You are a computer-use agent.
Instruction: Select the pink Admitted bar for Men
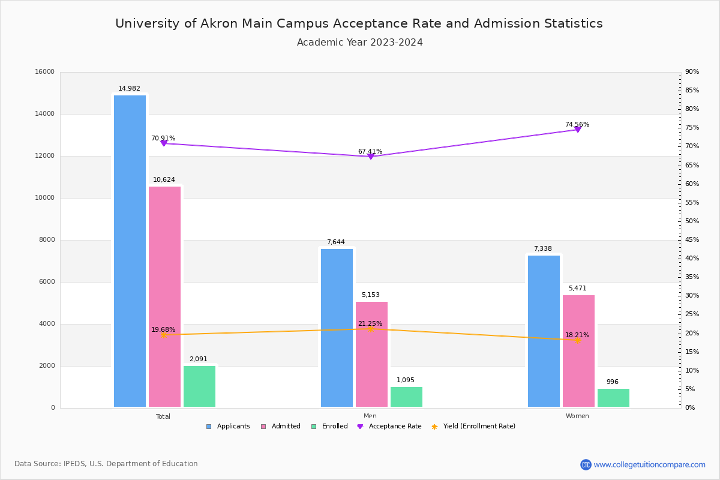[371, 354]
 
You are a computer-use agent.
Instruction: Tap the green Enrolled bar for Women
[613, 398]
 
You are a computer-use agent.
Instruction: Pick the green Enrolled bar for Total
[199, 386]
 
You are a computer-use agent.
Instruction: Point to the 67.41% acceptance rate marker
[371, 157]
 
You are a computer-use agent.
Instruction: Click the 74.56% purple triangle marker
[578, 130]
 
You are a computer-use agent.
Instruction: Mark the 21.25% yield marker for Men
[371, 329]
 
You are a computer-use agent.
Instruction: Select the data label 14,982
[129, 89]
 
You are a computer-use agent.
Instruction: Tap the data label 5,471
[578, 289]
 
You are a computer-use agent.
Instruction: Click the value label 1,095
[406, 380]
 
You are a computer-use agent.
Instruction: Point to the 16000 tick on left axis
[45, 72]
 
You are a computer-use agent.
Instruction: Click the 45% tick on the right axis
[692, 240]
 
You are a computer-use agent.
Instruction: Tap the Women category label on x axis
[577, 416]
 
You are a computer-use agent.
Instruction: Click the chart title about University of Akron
[359, 23]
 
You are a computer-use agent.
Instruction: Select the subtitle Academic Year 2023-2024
[360, 43]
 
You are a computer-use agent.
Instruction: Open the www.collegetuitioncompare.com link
[649, 464]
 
